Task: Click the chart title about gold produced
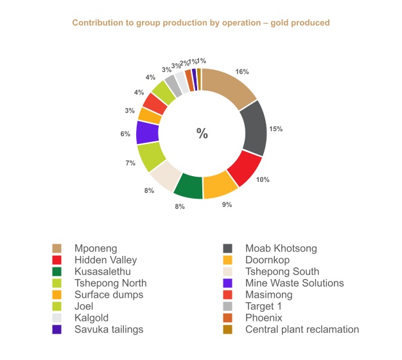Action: (x=200, y=23)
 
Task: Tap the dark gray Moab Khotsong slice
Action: (x=253, y=128)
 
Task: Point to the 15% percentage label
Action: (x=276, y=129)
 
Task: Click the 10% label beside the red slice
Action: (x=263, y=179)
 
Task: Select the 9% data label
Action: (x=227, y=204)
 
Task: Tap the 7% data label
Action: (x=130, y=163)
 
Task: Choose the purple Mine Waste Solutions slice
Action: (x=148, y=132)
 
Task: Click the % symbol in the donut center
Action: (x=202, y=134)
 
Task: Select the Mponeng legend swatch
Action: (x=57, y=248)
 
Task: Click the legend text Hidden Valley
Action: (x=105, y=260)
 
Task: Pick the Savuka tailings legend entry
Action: (x=109, y=329)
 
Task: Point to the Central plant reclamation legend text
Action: (x=302, y=329)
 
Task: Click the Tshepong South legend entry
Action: (x=282, y=271)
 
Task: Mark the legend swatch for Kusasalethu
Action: (x=57, y=271)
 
